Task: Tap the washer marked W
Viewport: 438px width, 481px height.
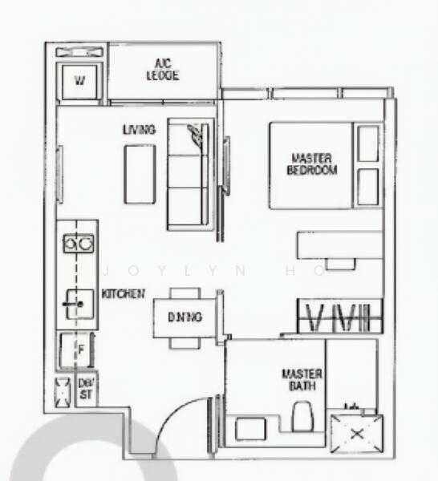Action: click(x=79, y=80)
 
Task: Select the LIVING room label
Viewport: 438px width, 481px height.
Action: click(x=139, y=130)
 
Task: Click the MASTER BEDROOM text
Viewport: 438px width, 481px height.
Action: click(x=313, y=164)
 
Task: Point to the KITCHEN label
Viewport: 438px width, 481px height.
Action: click(x=124, y=294)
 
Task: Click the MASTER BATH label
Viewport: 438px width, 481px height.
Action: click(x=302, y=380)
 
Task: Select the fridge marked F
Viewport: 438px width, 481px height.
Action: click(x=79, y=350)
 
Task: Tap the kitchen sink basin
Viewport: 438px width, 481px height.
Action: click(x=79, y=303)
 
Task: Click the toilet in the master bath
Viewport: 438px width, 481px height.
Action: click(x=302, y=418)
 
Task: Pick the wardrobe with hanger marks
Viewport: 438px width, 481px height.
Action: click(x=338, y=316)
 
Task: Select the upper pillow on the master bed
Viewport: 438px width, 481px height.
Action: click(x=368, y=143)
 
